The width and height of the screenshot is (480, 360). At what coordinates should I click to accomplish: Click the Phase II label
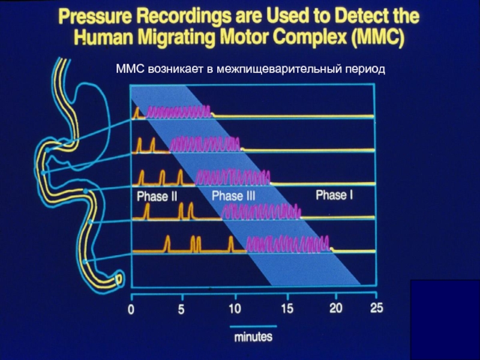coord(157,196)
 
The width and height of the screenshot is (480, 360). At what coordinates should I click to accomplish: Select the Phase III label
coord(233,196)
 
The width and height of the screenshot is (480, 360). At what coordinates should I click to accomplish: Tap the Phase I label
coord(334,195)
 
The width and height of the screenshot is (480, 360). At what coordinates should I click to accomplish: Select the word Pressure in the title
coord(97,16)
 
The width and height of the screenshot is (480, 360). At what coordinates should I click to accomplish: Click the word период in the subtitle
coord(362,70)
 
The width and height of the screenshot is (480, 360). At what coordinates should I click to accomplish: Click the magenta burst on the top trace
coord(179,111)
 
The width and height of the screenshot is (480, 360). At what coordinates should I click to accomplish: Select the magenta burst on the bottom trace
coord(288,244)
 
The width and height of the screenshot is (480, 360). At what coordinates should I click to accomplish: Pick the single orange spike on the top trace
coord(136,112)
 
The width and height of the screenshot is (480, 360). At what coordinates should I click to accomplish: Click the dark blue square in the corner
coord(445,319)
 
